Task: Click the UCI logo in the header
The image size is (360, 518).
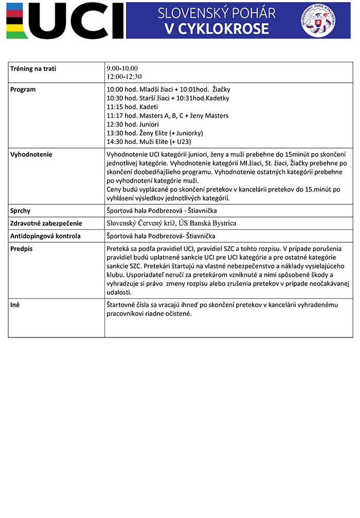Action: pyautogui.click(x=65, y=21)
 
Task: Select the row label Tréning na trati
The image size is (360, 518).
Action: pyautogui.click(x=33, y=68)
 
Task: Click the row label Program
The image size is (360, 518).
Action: pyautogui.click(x=23, y=90)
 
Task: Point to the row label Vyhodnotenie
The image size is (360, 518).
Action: pyautogui.click(x=31, y=154)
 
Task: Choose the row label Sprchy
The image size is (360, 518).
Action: pyautogui.click(x=21, y=210)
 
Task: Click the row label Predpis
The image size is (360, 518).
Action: pyautogui.click(x=21, y=248)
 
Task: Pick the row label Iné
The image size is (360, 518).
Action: pyautogui.click(x=15, y=305)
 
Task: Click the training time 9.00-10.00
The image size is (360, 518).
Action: pyautogui.click(x=122, y=68)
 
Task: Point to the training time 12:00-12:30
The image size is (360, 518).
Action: pyautogui.click(x=124, y=77)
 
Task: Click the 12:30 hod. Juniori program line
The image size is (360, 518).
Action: pyautogui.click(x=133, y=124)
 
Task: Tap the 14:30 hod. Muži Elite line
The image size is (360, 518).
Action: pyautogui.click(x=149, y=142)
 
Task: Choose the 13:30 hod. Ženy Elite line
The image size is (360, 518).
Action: pyautogui.click(x=152, y=133)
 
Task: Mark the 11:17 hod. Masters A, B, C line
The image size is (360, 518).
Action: pyautogui.click(x=167, y=116)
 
